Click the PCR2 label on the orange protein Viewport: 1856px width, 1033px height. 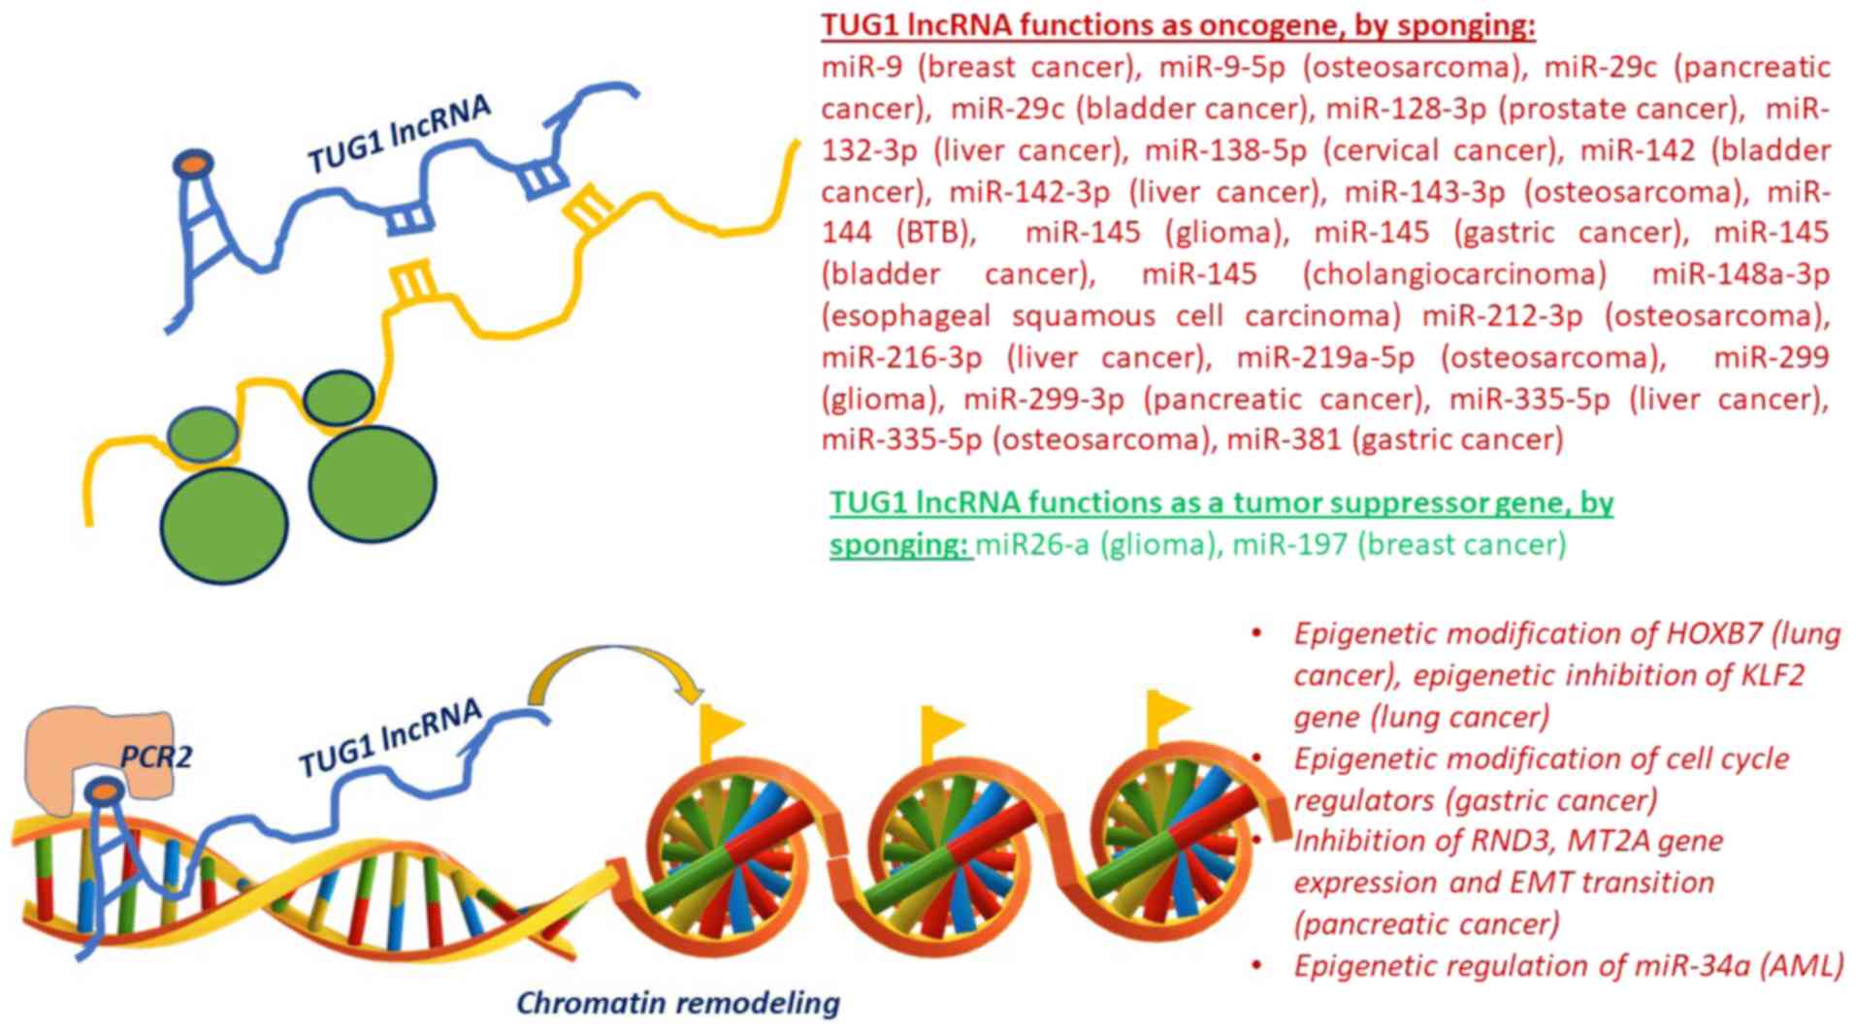click(x=155, y=756)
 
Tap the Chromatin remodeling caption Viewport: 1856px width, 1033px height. click(x=677, y=1002)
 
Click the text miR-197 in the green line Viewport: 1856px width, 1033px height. click(x=1289, y=544)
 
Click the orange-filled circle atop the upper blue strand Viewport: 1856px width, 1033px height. click(x=194, y=164)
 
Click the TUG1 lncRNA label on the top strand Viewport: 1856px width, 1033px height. click(x=399, y=136)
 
